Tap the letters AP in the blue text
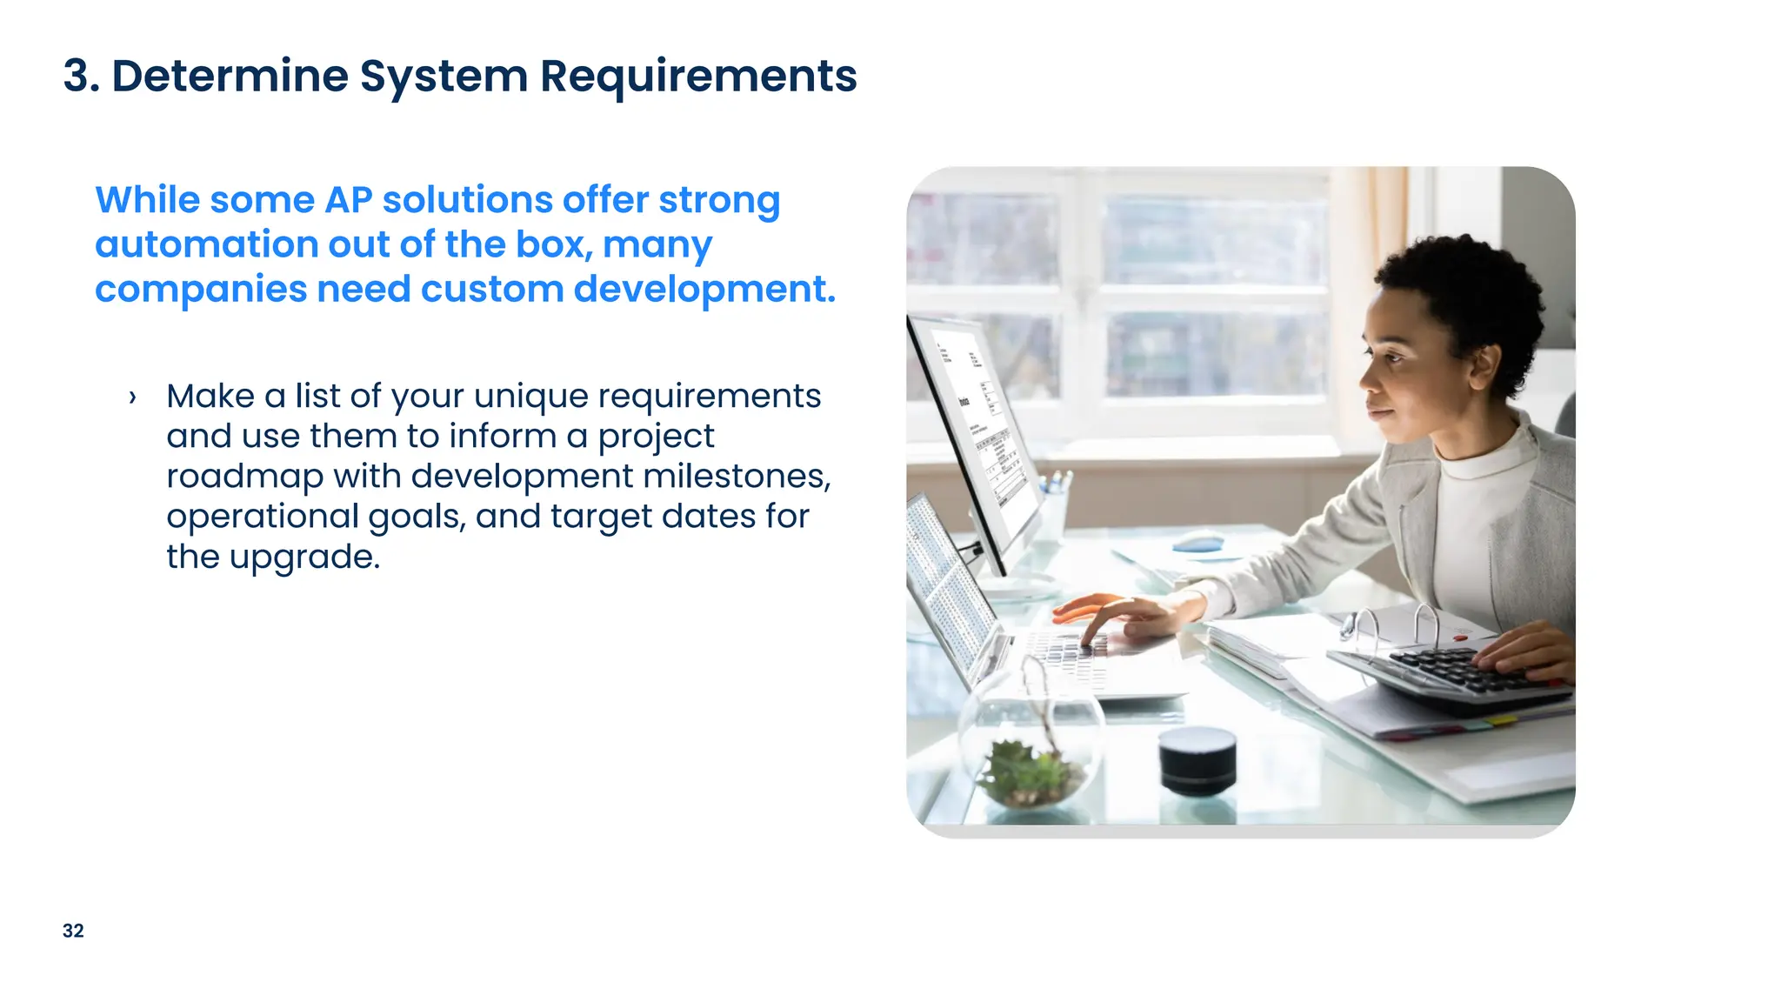348,200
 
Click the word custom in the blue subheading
492,289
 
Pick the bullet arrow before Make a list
132,397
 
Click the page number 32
73,931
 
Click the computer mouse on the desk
1197,542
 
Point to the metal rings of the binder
1391,622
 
